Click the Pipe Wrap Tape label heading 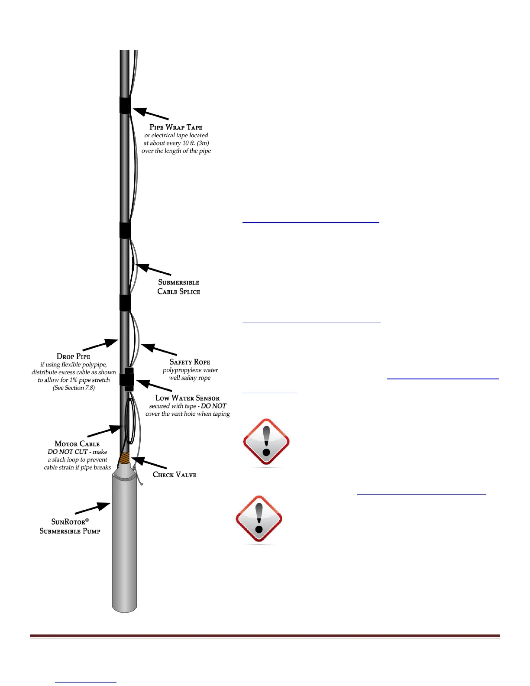(x=176, y=127)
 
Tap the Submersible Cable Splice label (x=178, y=287)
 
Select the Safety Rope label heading (x=190, y=362)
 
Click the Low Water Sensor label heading (x=187, y=398)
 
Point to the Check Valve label (x=175, y=475)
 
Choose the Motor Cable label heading (x=77, y=444)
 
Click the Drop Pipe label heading (x=73, y=356)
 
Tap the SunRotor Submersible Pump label (x=70, y=526)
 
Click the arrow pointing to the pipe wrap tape (x=150, y=114)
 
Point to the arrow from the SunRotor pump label (x=93, y=508)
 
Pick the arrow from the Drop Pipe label (x=100, y=345)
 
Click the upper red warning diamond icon (x=266, y=442)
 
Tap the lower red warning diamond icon (x=259, y=519)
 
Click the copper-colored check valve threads (x=125, y=457)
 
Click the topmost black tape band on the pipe (x=125, y=105)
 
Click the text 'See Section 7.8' (x=74, y=388)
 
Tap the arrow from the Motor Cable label (x=105, y=431)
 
